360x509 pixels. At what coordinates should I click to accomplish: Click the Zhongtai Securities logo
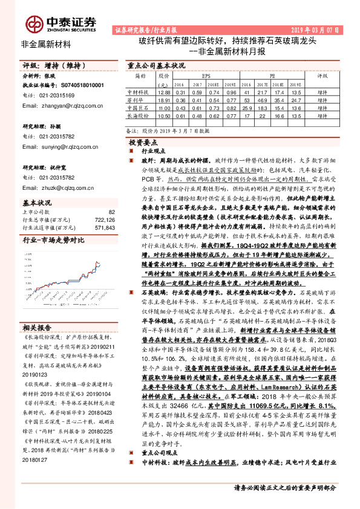[61, 23]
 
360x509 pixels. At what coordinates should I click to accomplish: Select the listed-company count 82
[111, 212]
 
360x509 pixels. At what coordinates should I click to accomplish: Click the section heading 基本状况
[37, 203]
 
